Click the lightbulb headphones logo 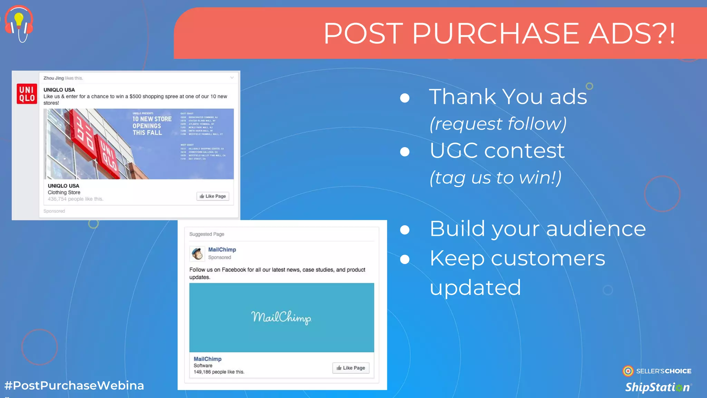[19, 23]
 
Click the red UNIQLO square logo [27, 94]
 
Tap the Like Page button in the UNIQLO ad [213, 196]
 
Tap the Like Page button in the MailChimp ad [351, 368]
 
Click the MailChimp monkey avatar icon [197, 254]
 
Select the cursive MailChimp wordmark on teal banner [281, 317]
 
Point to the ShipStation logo [658, 387]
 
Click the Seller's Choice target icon [628, 371]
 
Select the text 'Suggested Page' [206, 234]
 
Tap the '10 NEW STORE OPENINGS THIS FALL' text [152, 126]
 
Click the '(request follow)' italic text [498, 124]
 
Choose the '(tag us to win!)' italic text [495, 178]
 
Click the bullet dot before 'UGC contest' [405, 152]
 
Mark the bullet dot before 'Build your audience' [405, 230]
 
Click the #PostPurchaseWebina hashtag [74, 386]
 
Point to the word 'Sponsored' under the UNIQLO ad [54, 211]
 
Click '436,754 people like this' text [76, 199]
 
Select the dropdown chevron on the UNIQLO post [232, 78]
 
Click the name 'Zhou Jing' [54, 78]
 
